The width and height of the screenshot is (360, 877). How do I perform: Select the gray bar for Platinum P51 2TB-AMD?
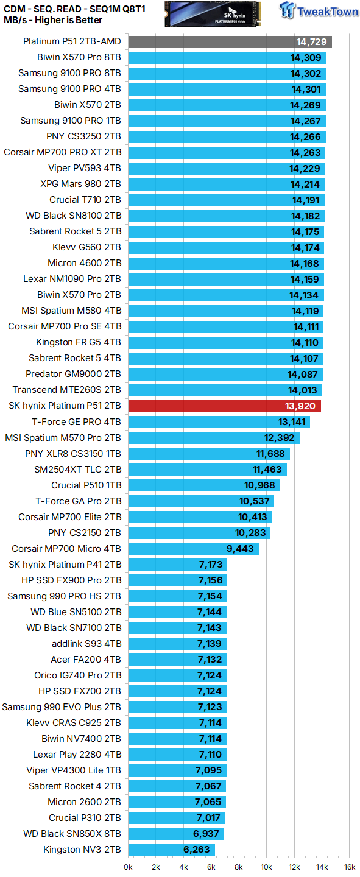[230, 42]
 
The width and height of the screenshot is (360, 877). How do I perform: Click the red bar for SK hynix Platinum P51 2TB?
[224, 406]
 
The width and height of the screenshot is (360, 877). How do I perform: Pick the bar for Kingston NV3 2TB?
[171, 850]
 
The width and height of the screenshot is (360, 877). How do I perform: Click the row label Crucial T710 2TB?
[85, 200]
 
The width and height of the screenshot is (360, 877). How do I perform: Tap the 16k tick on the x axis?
[349, 867]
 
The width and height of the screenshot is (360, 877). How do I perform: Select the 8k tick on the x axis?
[239, 867]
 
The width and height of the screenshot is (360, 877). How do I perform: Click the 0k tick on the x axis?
[129, 867]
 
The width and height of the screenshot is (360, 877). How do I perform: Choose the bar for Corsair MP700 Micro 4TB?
[193, 549]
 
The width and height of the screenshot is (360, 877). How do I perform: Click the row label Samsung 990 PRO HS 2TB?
[64, 596]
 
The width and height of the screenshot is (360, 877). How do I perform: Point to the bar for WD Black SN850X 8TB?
[176, 834]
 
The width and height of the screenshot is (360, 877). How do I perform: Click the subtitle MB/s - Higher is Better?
[53, 20]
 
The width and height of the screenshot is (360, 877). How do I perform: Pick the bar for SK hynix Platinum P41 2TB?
[177, 565]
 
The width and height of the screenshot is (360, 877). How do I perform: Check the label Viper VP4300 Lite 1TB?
[74, 770]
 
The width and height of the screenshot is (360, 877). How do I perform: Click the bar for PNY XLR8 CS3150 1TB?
[209, 454]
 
